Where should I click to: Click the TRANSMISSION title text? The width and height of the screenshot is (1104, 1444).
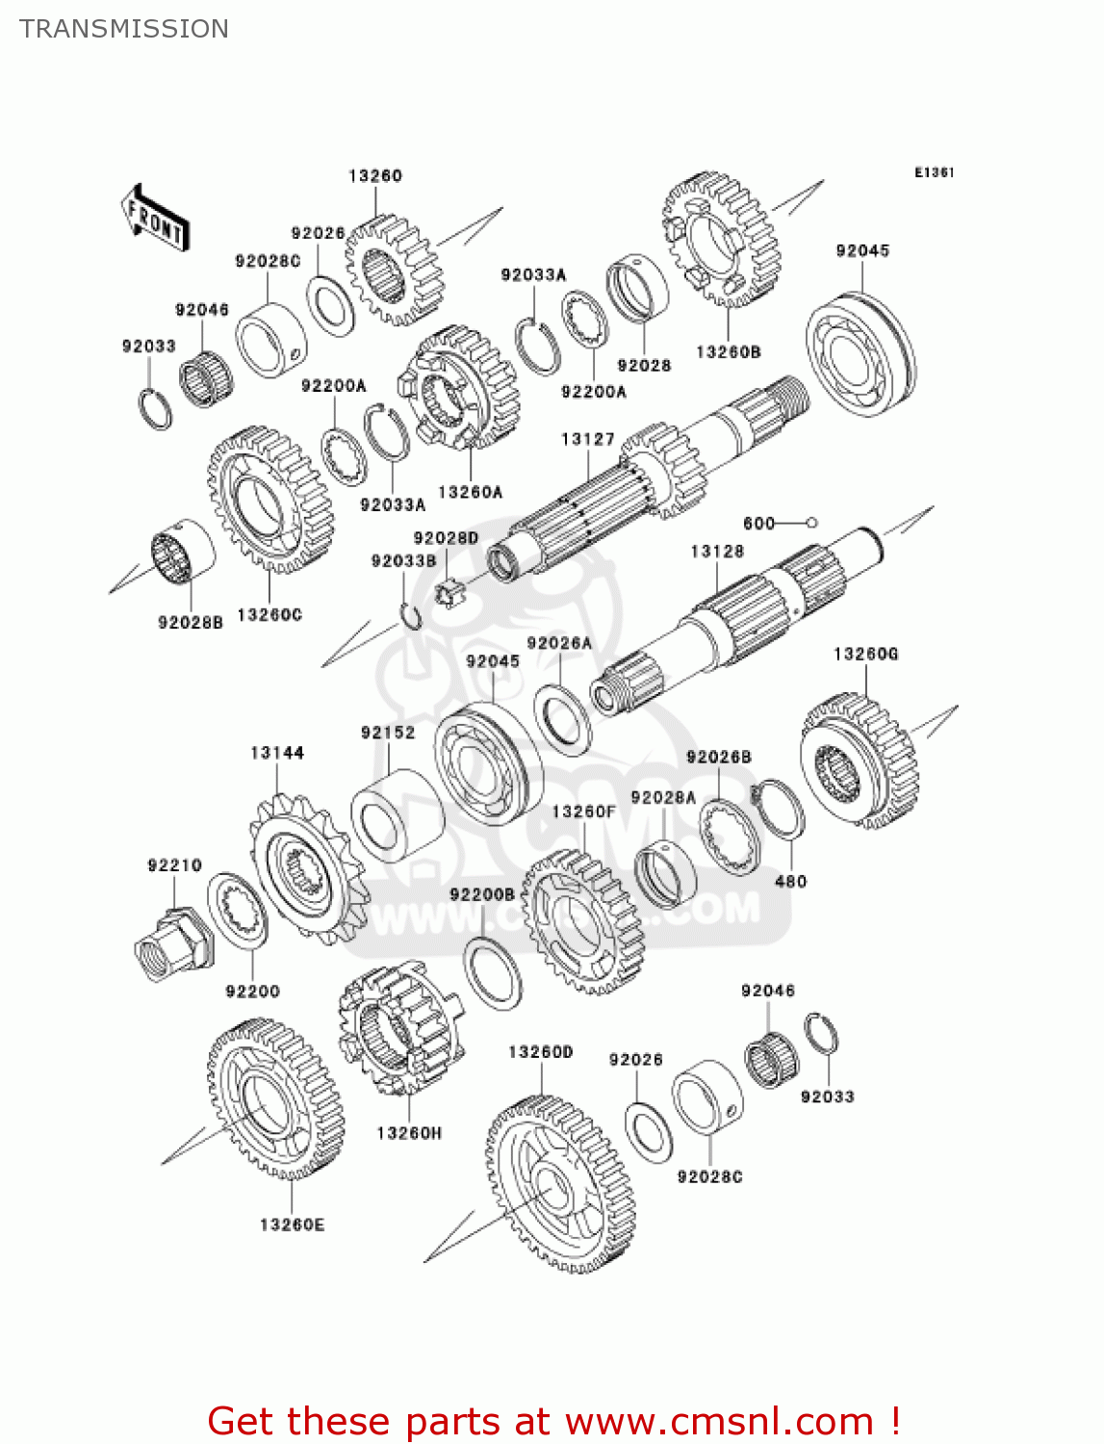124,29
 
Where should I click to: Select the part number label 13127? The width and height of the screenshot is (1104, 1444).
587,439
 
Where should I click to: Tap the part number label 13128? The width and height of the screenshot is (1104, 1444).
717,551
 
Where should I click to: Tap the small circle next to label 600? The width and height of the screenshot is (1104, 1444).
811,523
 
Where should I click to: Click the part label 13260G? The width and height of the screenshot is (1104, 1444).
865,654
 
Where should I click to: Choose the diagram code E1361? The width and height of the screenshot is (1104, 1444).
934,172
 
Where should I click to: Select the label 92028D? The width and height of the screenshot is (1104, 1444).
446,538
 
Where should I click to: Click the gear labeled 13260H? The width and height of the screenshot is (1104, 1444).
399,1030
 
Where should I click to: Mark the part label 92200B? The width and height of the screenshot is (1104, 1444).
482,894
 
